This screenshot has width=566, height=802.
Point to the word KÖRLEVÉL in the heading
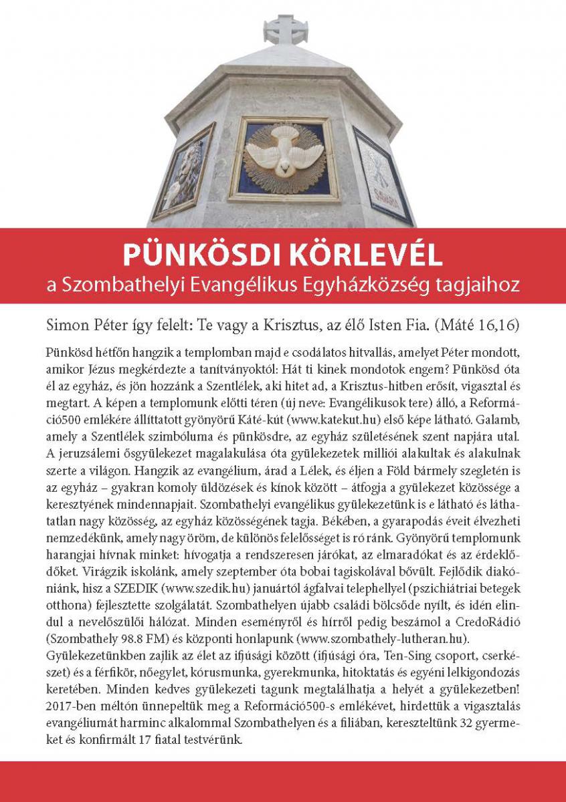(x=363, y=256)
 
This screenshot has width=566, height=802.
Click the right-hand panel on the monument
(x=383, y=176)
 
